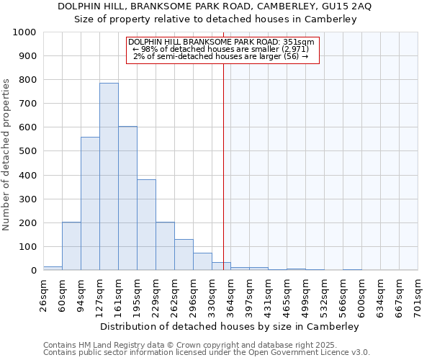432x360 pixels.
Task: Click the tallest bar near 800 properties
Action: (x=109, y=176)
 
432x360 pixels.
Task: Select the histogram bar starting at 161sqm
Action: (x=127, y=198)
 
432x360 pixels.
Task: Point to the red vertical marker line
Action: (x=223, y=180)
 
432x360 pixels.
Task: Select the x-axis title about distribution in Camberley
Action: (x=230, y=326)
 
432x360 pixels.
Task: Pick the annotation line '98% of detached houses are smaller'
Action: (x=221, y=49)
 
